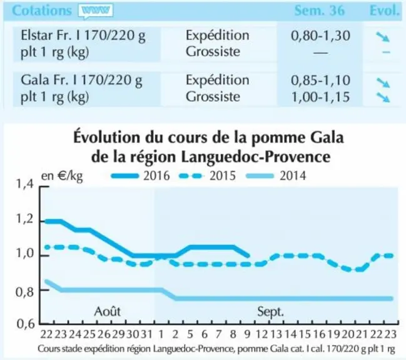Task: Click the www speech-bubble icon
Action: click(x=96, y=11)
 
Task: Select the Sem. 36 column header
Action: click(x=320, y=11)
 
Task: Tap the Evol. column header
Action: click(x=384, y=11)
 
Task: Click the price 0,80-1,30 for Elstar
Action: click(x=320, y=36)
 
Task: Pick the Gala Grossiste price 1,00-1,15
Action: click(x=320, y=97)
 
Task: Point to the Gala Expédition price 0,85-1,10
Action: click(x=320, y=80)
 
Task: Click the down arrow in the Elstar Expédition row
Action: click(x=383, y=37)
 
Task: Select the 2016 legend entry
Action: click(x=141, y=176)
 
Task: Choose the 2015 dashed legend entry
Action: click(x=207, y=176)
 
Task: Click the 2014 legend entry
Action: click(x=276, y=176)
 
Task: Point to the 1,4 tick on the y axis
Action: click(x=24, y=184)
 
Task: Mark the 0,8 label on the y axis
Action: click(x=24, y=292)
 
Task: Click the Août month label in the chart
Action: click(x=107, y=311)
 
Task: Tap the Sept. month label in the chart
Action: click(x=271, y=312)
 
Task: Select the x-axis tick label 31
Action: click(x=146, y=334)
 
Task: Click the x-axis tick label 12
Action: click(x=261, y=334)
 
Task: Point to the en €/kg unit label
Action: click(x=62, y=176)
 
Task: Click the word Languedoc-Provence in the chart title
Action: click(x=256, y=157)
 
